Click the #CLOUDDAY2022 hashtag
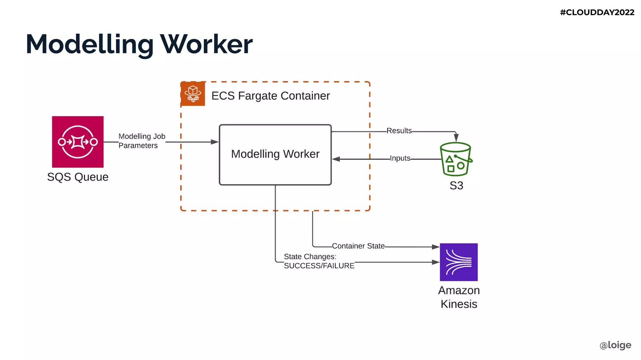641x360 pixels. [597, 12]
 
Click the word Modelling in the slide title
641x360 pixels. [90, 44]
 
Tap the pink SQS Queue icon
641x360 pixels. [78, 142]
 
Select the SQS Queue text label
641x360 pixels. [78, 177]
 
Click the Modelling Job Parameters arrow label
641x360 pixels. [141, 141]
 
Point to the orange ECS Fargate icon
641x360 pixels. [193, 94]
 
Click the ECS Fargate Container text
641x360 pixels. [270, 96]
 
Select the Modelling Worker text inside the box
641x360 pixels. [275, 154]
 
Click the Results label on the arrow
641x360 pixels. [399, 131]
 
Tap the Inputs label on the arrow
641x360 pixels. [400, 158]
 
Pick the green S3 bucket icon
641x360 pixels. [455, 159]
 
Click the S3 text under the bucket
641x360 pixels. [456, 186]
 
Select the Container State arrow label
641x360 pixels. [358, 246]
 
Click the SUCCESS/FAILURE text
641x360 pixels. [319, 266]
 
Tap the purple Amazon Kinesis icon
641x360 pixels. [459, 262]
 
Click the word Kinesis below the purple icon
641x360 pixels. [459, 304]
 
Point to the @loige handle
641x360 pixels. [615, 345]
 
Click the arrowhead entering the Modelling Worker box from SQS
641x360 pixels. [215, 142]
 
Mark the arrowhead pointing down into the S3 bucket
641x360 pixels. [456, 137]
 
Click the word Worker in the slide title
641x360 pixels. [206, 44]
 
